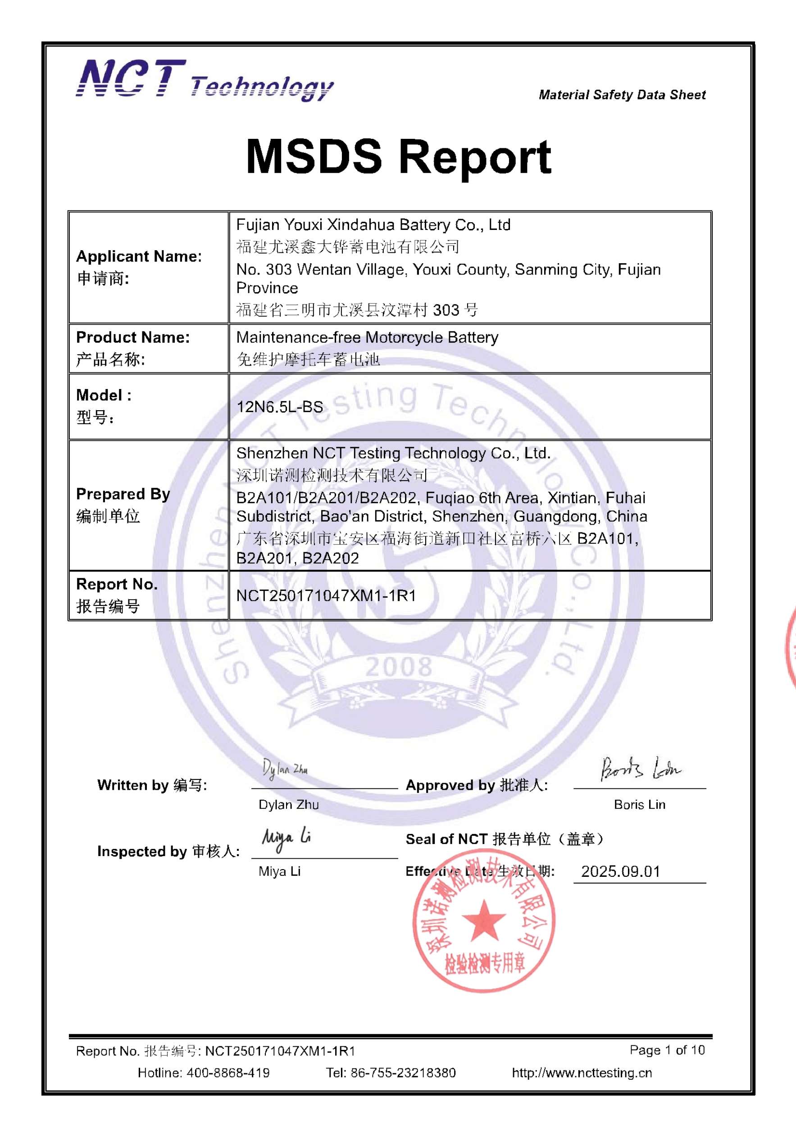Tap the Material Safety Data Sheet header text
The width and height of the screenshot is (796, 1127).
tap(622, 95)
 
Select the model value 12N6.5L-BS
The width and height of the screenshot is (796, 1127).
tap(280, 407)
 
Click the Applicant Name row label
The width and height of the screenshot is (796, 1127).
tap(139, 257)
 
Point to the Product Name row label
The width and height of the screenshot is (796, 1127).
tap(132, 338)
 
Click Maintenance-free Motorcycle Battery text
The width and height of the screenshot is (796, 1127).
tap(367, 338)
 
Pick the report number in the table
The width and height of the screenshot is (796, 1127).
tap(326, 596)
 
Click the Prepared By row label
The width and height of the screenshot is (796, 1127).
tap(123, 494)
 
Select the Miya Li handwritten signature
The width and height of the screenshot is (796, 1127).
tap(287, 840)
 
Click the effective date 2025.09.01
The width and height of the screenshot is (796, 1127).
tap(620, 872)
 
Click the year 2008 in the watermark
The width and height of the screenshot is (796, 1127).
tap(398, 667)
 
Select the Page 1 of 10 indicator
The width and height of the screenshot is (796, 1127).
tap(667, 1050)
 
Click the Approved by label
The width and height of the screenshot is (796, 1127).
tap(476, 785)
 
